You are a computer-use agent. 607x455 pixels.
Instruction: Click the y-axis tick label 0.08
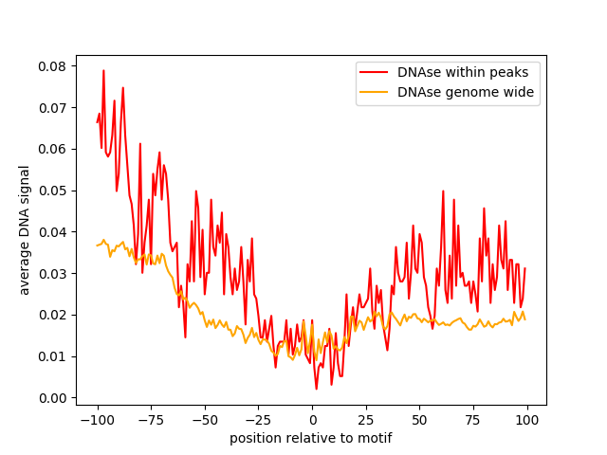(x=52, y=66)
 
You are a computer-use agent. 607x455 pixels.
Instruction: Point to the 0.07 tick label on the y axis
(x=52, y=108)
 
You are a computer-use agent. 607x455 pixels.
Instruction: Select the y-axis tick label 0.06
(x=52, y=150)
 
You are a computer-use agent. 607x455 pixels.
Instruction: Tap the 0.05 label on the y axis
(x=52, y=191)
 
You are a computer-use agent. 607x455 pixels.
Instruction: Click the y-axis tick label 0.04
(x=52, y=232)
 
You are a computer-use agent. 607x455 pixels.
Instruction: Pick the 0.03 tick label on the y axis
(x=52, y=274)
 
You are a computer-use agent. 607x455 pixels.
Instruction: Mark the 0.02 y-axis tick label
(x=52, y=315)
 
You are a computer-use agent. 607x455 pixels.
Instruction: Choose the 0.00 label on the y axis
(x=52, y=398)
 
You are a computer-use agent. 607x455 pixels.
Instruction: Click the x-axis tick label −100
(x=98, y=420)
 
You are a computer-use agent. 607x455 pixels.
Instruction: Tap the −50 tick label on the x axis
(x=205, y=420)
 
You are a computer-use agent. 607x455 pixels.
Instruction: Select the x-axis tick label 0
(x=313, y=420)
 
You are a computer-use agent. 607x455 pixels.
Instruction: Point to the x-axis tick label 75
(x=473, y=420)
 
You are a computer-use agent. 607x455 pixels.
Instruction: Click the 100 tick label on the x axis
(x=527, y=420)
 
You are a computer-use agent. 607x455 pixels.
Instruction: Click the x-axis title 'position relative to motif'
(x=311, y=438)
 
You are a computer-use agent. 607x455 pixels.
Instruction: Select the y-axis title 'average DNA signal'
(x=24, y=230)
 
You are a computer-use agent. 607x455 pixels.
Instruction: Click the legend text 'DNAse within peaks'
(x=463, y=72)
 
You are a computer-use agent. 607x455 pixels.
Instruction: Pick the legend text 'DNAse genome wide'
(x=466, y=92)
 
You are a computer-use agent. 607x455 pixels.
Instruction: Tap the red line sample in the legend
(x=374, y=72)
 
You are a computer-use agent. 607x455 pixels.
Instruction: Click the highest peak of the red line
(x=103, y=70)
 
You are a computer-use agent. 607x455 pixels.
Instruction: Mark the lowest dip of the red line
(x=316, y=389)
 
